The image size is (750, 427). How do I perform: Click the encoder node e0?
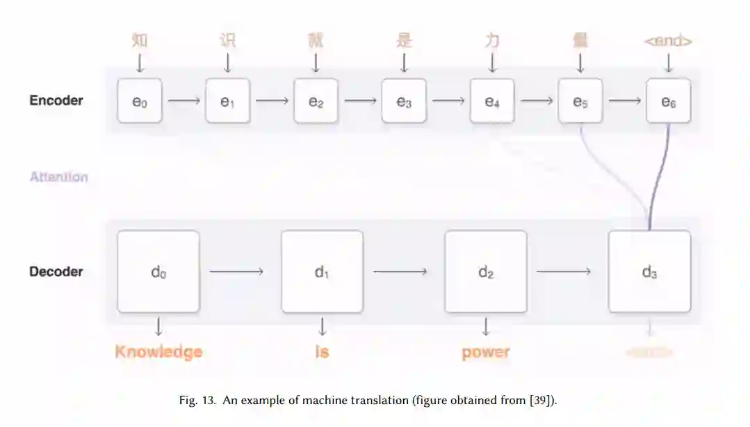point(140,101)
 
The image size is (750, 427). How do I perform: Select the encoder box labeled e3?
point(404,101)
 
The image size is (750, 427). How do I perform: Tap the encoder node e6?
point(668,101)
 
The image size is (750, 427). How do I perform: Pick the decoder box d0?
point(158,271)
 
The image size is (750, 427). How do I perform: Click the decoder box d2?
point(486,271)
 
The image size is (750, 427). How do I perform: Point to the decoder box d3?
point(649,271)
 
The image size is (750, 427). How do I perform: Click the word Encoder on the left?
point(56,101)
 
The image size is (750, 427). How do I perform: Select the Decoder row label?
point(56,271)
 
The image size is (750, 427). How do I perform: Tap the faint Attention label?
point(59,177)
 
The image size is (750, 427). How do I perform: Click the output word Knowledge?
point(158,352)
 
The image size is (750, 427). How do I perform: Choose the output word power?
point(486,353)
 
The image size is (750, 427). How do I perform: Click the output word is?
point(322,352)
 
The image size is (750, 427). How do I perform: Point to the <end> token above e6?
point(668,41)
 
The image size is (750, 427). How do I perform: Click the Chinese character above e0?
point(140,40)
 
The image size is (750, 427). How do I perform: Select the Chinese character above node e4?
point(492,40)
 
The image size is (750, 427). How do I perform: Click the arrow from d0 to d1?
point(236,271)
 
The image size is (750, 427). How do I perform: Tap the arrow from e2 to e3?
point(360,101)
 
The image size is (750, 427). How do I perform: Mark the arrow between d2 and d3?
point(564,271)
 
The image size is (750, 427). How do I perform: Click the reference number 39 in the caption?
point(544,401)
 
